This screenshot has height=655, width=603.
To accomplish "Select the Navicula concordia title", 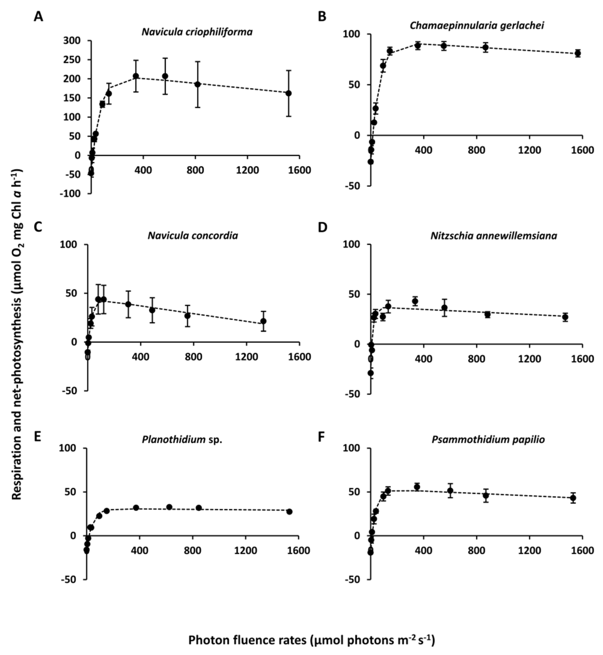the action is pyautogui.click(x=193, y=235).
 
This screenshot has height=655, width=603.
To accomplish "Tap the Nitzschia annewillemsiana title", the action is pyautogui.click(x=494, y=236).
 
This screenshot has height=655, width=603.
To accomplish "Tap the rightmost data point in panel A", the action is pyautogui.click(x=288, y=93).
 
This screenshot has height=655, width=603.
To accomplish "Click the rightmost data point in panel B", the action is pyautogui.click(x=578, y=53).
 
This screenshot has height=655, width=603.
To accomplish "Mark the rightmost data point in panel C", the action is pyautogui.click(x=263, y=321).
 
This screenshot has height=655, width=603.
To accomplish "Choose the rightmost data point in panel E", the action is pyautogui.click(x=289, y=512).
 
